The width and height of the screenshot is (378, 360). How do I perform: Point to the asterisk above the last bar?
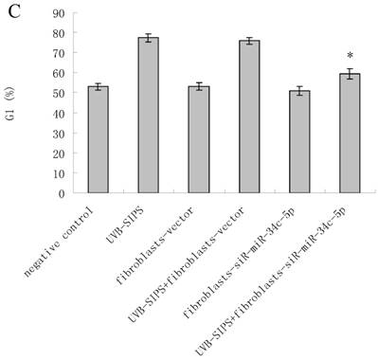click(351, 56)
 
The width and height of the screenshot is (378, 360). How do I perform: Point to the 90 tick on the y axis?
click(61, 13)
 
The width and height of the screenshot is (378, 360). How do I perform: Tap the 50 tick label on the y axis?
click(61, 93)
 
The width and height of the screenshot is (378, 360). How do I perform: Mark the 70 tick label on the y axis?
click(61, 53)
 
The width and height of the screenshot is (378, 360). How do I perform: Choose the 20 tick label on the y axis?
click(61, 153)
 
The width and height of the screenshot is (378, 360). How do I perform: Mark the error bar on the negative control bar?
click(98, 87)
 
